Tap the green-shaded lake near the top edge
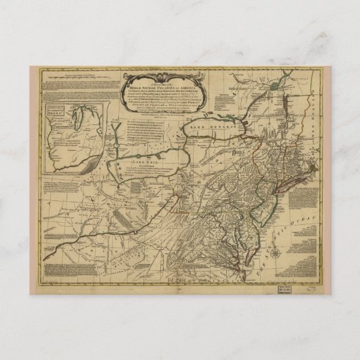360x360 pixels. [274, 86]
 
